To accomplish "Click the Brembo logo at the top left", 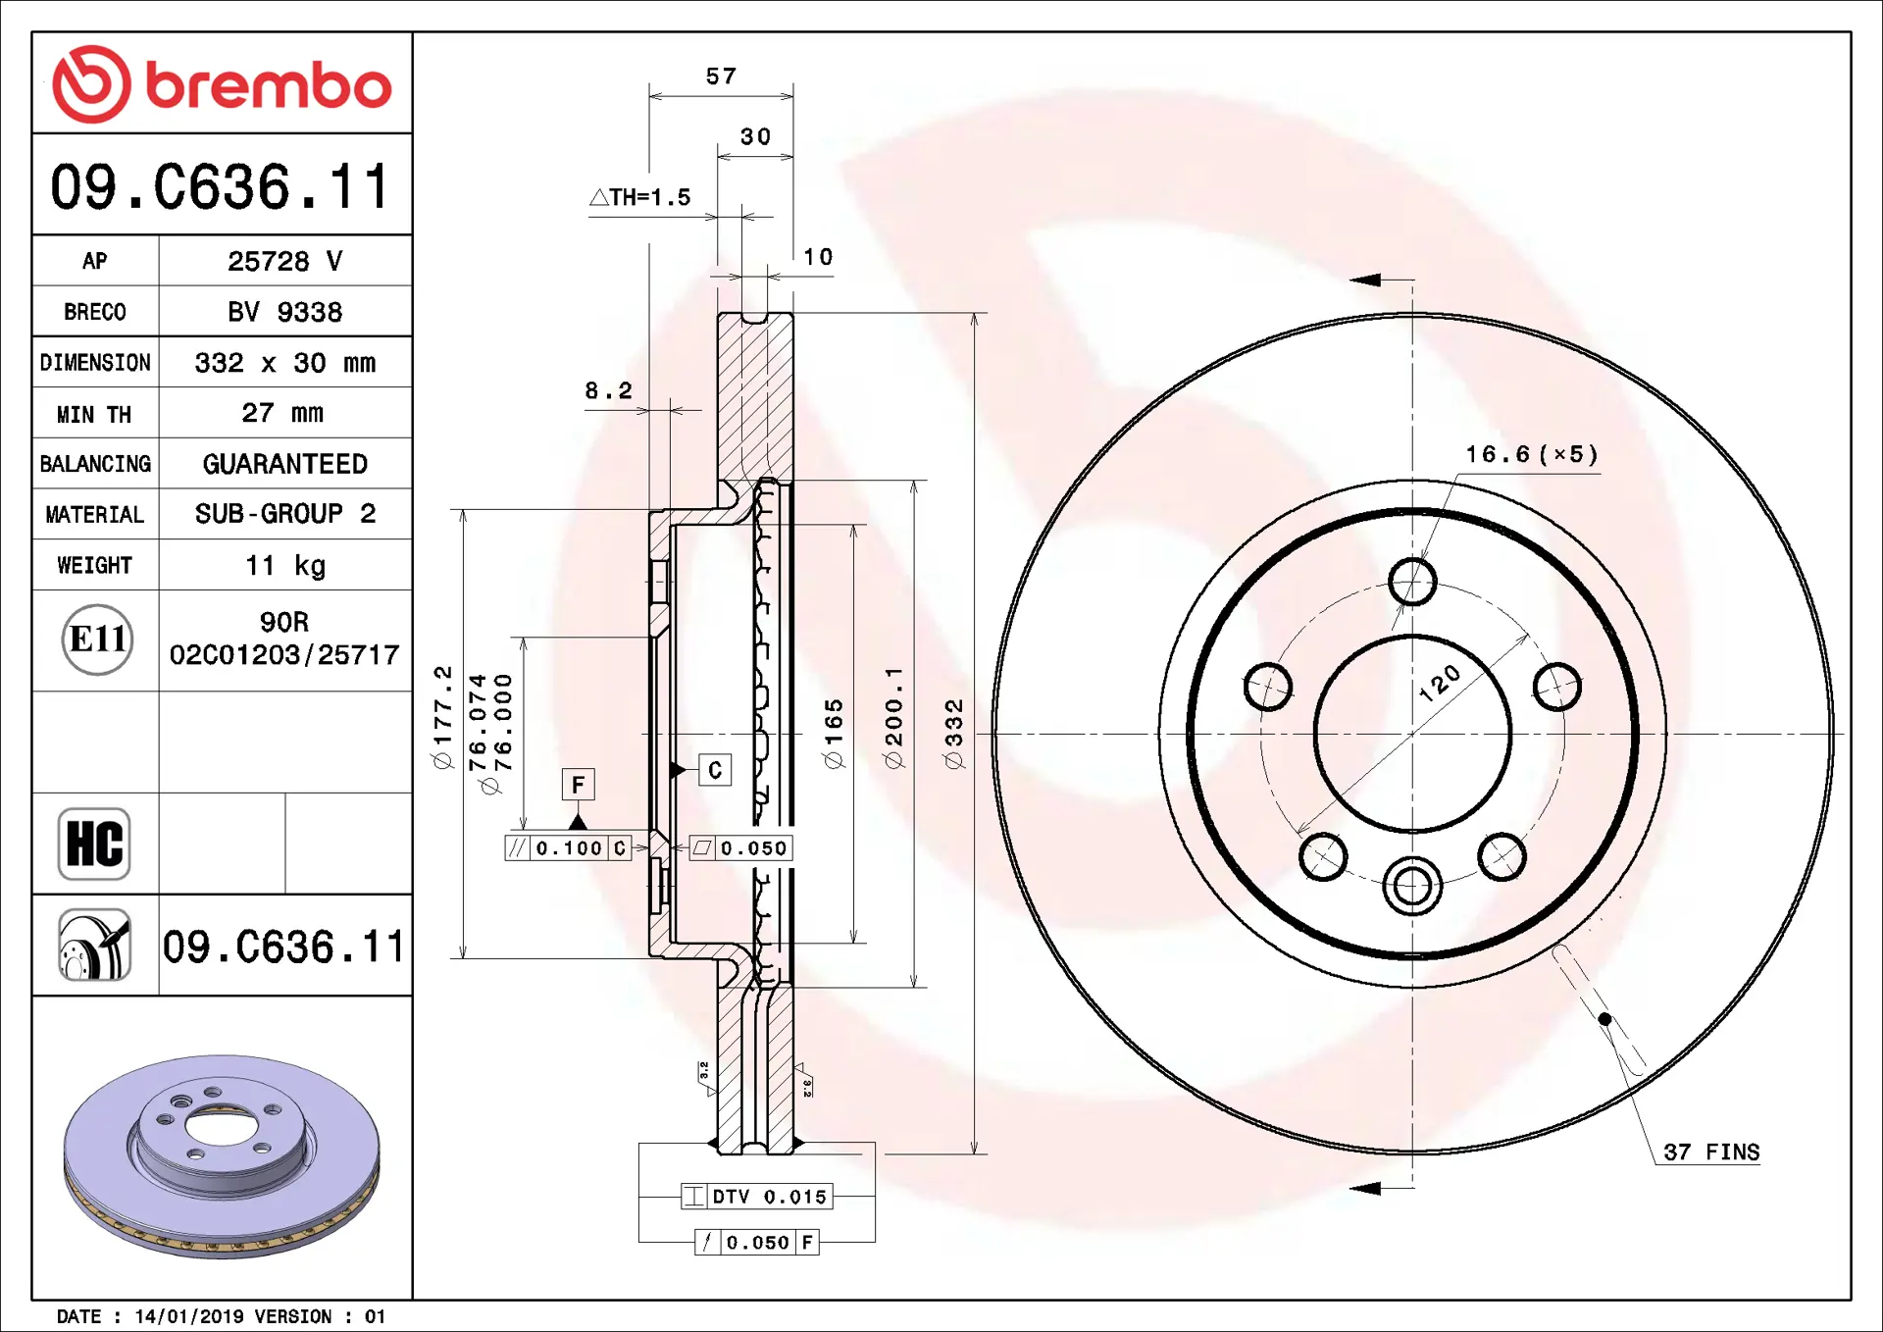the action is click(x=222, y=84).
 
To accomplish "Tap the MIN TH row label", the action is click(x=94, y=414).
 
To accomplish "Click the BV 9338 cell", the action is click(x=285, y=312).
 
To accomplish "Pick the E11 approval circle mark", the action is click(x=97, y=640).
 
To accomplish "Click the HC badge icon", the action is click(x=94, y=844).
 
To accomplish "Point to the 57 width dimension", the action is click(x=721, y=77).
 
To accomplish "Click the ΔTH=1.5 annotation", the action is click(x=640, y=197).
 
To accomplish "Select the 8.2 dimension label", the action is click(x=609, y=390).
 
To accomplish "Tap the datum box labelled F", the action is click(x=578, y=785).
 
